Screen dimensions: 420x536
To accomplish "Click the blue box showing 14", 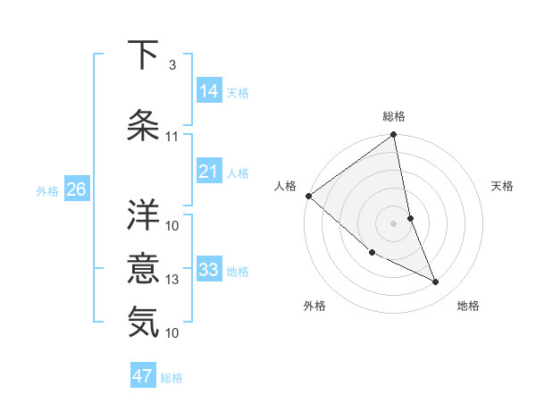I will [209, 90].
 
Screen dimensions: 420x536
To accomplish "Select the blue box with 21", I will [209, 171].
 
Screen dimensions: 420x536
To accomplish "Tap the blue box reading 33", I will [209, 269].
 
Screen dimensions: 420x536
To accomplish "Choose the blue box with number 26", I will [76, 189].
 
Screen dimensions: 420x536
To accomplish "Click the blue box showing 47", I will [143, 376].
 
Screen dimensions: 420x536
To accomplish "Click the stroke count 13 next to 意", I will [172, 280].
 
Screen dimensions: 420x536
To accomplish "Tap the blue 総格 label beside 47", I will [172, 378].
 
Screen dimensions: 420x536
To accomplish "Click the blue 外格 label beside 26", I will [47, 191].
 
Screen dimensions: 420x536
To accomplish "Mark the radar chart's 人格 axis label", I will [286, 186].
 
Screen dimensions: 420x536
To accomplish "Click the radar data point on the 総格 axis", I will [394, 136].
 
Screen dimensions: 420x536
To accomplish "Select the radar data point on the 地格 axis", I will [436, 282].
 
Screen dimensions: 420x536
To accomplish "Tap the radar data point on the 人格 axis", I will [308, 196].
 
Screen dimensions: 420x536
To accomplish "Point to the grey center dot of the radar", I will [393, 223].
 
